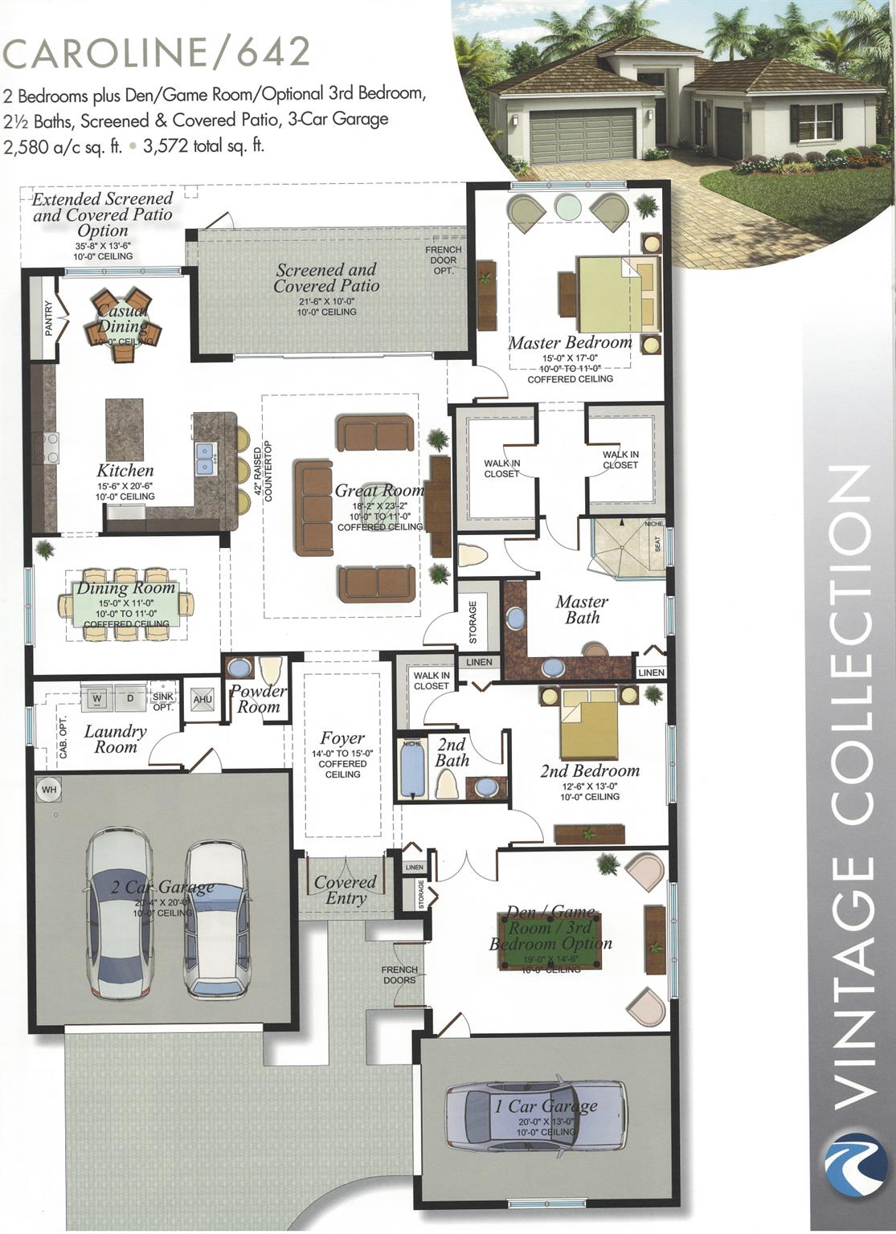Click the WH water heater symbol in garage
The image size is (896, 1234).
[49, 790]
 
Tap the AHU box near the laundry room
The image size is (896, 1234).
[203, 700]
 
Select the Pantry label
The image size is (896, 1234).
[49, 319]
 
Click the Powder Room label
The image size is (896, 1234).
[258, 699]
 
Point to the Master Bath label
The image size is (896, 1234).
[582, 610]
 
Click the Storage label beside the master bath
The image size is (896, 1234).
[473, 622]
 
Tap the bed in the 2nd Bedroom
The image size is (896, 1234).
[589, 723]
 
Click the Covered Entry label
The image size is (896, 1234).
[346, 890]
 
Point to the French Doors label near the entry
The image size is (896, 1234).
[399, 975]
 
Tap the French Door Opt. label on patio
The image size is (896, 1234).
[444, 260]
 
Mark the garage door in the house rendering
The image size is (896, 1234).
[576, 138]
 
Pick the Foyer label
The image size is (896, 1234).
[342, 738]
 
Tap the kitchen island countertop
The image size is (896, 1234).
[125, 430]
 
